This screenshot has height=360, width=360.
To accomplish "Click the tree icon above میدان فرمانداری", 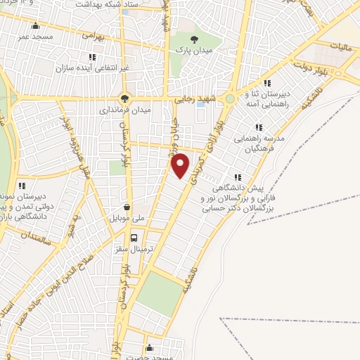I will click(x=124, y=98).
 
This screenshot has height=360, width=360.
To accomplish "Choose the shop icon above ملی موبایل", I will click(x=127, y=207).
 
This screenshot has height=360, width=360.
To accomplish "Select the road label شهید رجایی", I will click(x=193, y=100).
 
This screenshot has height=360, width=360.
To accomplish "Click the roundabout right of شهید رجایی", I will click(x=229, y=100).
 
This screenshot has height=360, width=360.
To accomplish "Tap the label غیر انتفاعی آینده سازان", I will click(x=91, y=68).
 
